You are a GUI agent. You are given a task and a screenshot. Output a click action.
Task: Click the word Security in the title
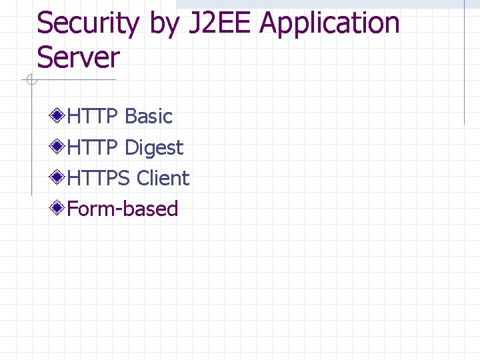coord(87,24)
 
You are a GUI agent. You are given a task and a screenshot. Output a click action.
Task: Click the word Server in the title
coord(77,57)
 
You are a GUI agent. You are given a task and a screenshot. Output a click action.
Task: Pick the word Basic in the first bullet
coord(148,117)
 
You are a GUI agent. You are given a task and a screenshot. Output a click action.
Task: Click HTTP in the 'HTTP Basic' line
coord(93,117)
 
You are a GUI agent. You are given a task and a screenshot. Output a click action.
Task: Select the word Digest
coord(153,148)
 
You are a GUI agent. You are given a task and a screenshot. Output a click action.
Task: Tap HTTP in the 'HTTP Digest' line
coord(93,147)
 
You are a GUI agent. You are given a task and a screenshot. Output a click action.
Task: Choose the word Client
coord(163,178)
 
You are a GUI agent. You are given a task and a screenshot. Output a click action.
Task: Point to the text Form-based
coord(123,209)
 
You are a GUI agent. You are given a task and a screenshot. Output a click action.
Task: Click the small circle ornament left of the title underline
coord(30,81)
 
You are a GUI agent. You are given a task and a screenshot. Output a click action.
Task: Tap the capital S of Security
coord(45,24)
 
